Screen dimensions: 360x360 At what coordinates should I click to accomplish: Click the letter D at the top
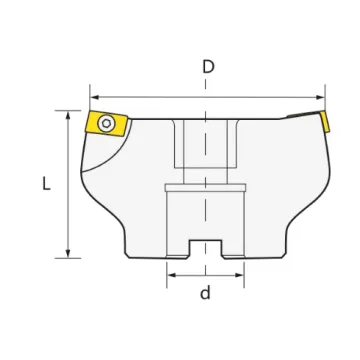pos(208,67)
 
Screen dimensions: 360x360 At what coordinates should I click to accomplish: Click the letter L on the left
pos(46,183)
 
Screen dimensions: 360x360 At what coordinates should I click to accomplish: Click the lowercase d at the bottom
pos(205,292)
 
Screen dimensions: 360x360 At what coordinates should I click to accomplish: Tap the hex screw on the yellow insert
pos(106,123)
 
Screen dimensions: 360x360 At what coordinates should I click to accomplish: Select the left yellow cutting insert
pos(107,124)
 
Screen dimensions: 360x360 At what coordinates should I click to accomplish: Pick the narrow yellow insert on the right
pos(325,122)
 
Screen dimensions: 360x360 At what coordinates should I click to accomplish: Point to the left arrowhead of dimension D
pos(95,97)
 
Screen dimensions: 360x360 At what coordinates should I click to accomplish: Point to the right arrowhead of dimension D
pos(320,97)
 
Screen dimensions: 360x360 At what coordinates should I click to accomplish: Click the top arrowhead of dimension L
pos(68,116)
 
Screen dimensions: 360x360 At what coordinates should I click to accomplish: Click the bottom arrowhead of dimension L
pos(68,253)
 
